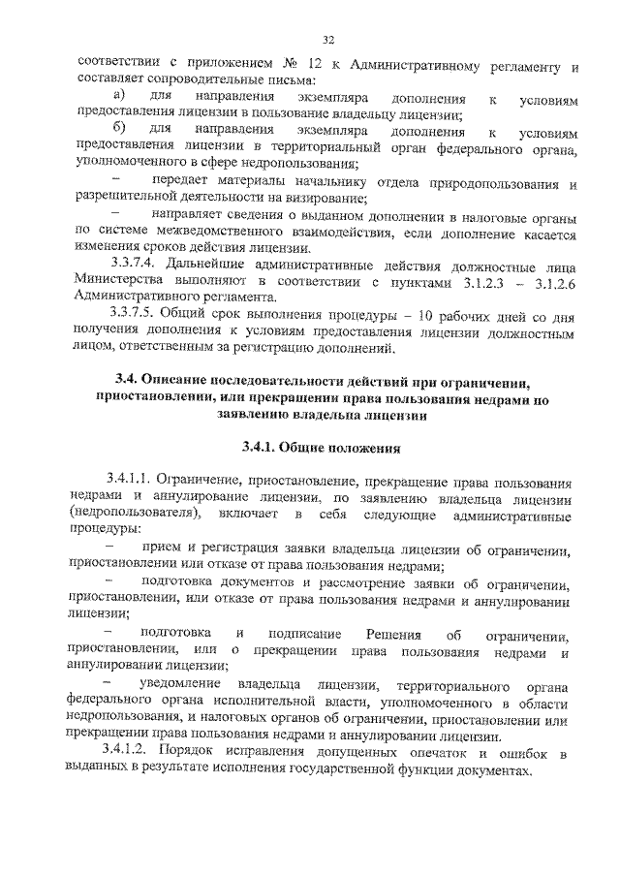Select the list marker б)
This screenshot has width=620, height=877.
(120, 131)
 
